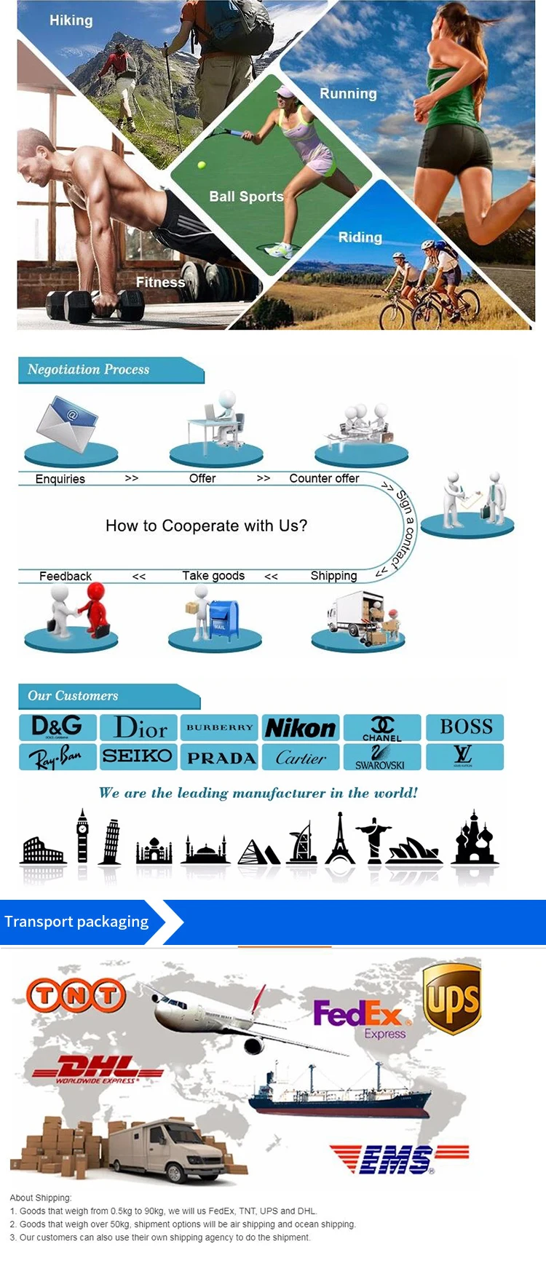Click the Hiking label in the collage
[x=71, y=20]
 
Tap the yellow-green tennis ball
[x=201, y=165]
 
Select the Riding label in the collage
[x=360, y=237]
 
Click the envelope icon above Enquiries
[x=68, y=424]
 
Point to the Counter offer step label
[x=324, y=478]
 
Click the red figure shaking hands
[x=94, y=611]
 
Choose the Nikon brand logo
[x=300, y=727]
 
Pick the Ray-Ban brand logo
[x=58, y=757]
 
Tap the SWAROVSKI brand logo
[x=381, y=758]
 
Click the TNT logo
[x=76, y=996]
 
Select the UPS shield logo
[x=452, y=998]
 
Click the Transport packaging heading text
[x=76, y=922]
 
